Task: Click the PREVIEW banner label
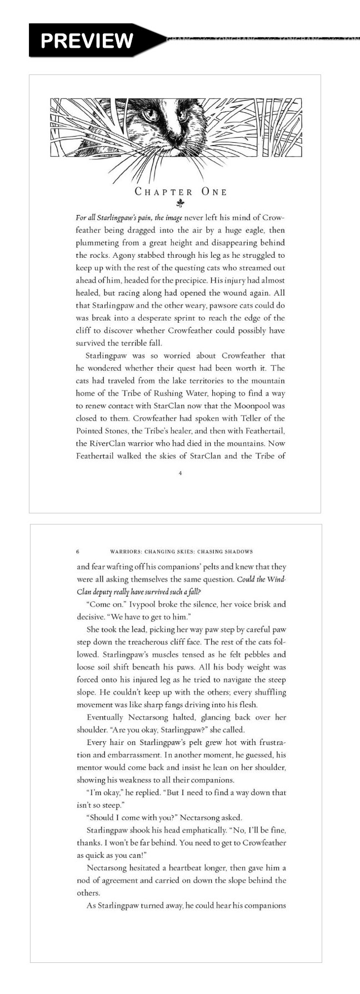[87, 40]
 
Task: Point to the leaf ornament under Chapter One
[180, 203]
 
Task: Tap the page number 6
[78, 552]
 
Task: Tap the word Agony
[126, 255]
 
